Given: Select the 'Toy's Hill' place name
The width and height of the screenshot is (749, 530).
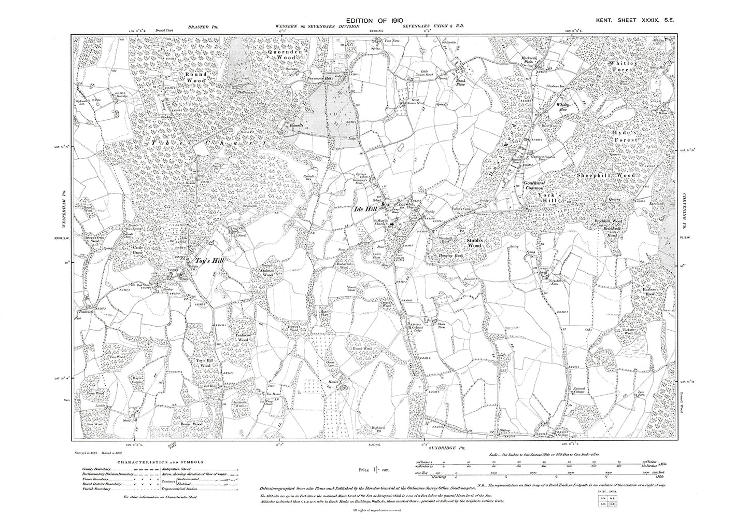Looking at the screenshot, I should pos(207,261).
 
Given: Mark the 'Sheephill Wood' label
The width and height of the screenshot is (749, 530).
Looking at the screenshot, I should pos(605,176).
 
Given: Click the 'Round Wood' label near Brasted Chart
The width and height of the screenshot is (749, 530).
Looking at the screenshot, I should pos(196,78).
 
